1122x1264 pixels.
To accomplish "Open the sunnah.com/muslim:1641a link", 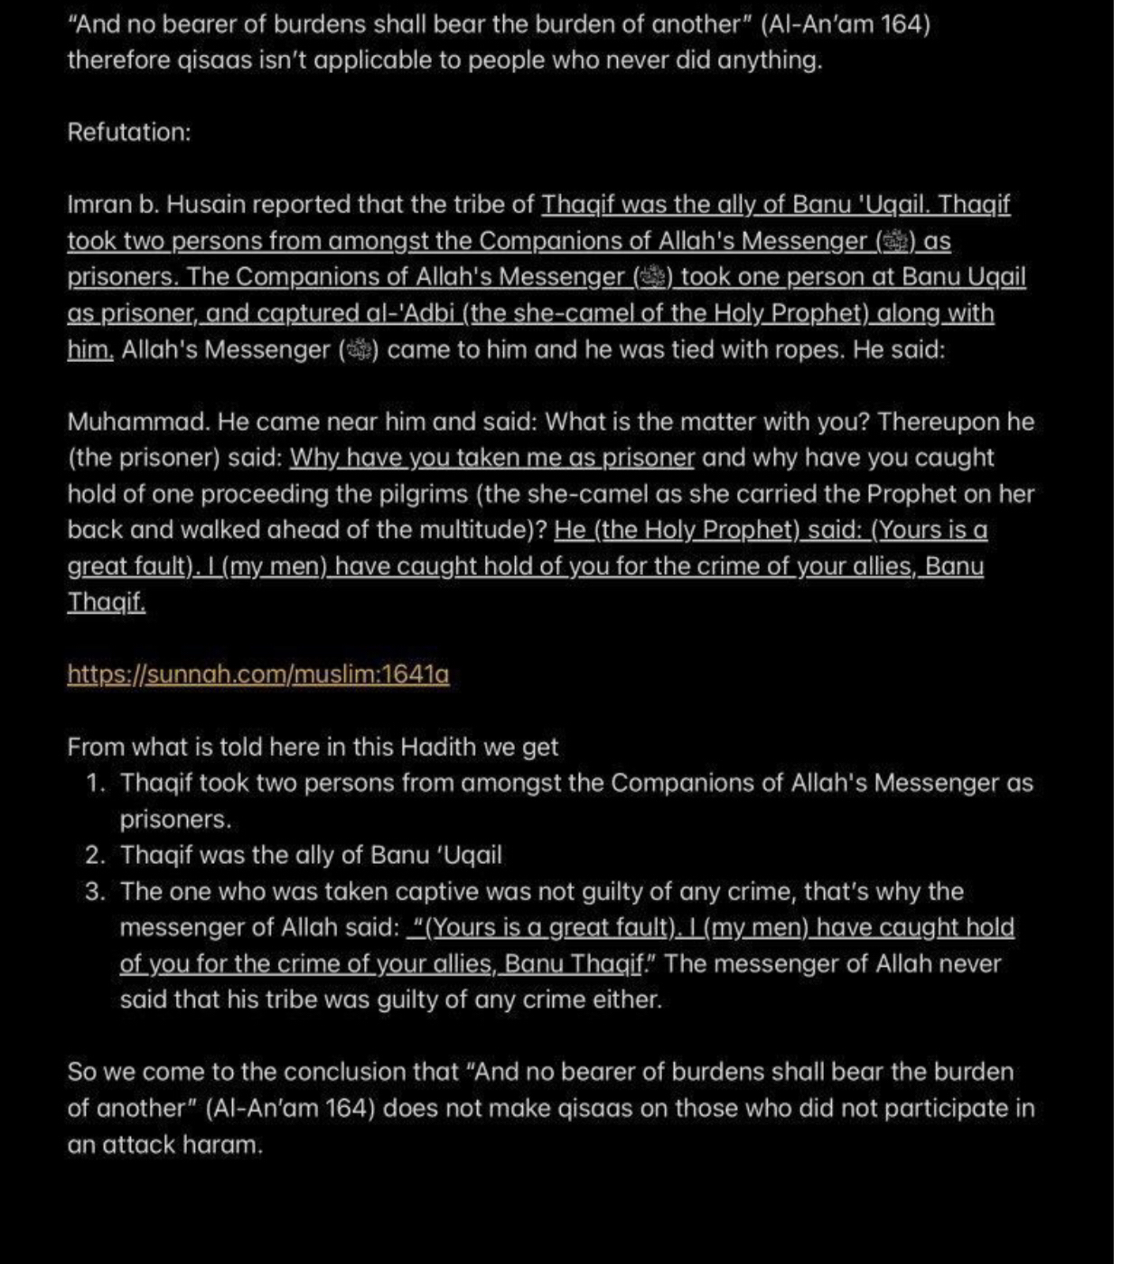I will (x=257, y=674).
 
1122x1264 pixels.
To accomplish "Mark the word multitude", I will (x=476, y=530).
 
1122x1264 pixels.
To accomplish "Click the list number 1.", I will (x=95, y=783).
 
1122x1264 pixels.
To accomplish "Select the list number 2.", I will (x=95, y=855).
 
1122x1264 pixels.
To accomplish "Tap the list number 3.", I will (x=95, y=891).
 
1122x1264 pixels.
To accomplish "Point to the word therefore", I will (x=112, y=60).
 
